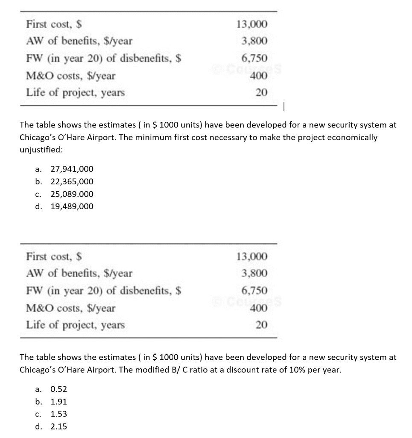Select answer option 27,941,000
(x=72, y=169)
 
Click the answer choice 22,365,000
(x=72, y=181)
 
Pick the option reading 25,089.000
(x=72, y=194)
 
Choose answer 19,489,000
(x=72, y=207)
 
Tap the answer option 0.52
(x=58, y=389)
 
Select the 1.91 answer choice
(x=58, y=402)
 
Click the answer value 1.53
(x=58, y=414)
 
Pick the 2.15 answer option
(x=58, y=426)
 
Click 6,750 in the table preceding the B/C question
(x=254, y=290)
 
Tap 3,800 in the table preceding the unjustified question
(x=254, y=41)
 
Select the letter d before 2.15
(x=38, y=426)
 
